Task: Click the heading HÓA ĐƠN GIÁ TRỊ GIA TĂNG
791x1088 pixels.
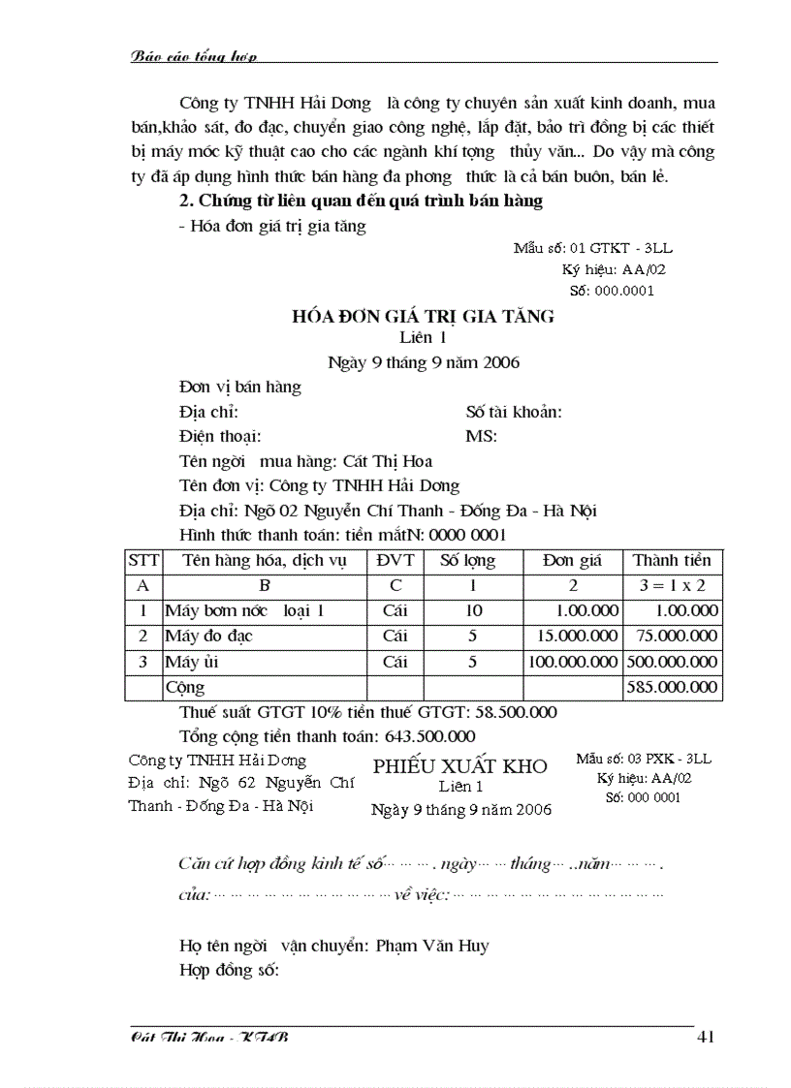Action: pos(424,316)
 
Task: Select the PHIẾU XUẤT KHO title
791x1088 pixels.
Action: pos(459,766)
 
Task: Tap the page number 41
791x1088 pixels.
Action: pos(705,1037)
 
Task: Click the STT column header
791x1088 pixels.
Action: pos(143,560)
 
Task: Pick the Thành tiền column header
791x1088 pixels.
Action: pos(672,560)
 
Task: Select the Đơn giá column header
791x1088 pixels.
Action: pos(572,560)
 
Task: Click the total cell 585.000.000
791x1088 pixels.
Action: pos(672,687)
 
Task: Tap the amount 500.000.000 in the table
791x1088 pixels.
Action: pos(672,662)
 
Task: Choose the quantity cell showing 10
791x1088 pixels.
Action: pos(473,610)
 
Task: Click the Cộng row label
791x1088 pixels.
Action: pos(185,687)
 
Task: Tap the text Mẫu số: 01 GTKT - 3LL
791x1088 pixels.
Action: pos(586,248)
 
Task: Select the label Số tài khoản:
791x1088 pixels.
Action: pos(514,412)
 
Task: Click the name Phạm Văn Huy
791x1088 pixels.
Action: pos(432,945)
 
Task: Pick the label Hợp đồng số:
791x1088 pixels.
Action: pos(230,969)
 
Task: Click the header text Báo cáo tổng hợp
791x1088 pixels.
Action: pos(193,56)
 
